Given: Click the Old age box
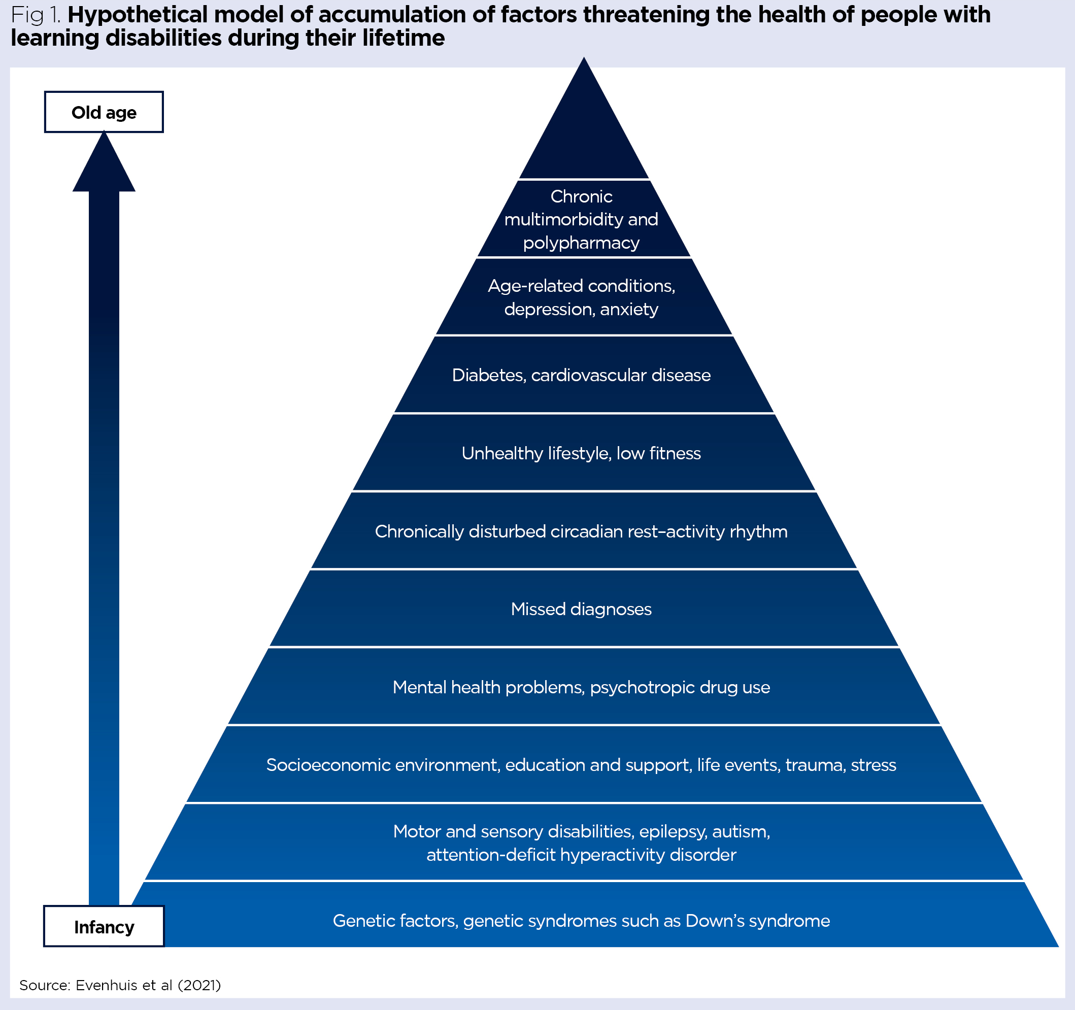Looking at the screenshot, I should (104, 112).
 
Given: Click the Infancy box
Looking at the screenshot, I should (104, 927).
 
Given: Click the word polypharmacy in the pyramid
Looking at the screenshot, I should (581, 243).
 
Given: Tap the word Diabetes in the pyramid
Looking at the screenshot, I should (488, 375).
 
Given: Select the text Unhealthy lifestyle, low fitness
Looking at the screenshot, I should (581, 453).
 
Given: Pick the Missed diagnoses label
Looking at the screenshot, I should (581, 610).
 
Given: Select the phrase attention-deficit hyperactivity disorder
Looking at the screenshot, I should (581, 855).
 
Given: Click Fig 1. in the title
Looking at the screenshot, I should (36, 15).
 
